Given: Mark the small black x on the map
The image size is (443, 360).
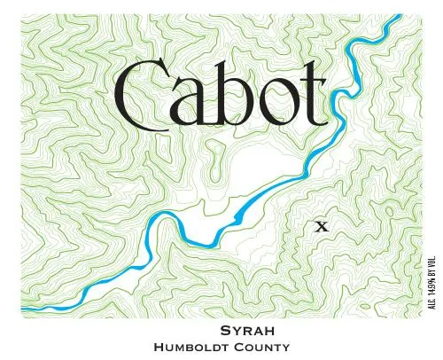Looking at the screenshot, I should [x=323, y=226].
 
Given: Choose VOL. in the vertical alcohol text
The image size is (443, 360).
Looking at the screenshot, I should [x=431, y=247].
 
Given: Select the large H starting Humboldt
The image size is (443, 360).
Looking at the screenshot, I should [x=159, y=347].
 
